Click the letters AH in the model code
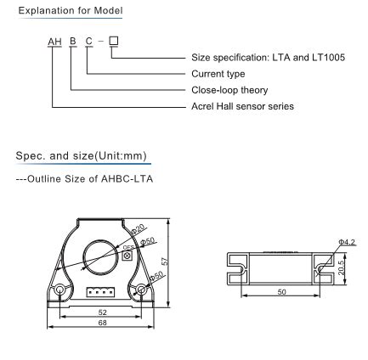(54, 40)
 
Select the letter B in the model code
(71, 40)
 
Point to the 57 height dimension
(173, 285)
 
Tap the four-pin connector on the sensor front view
(100, 316)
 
